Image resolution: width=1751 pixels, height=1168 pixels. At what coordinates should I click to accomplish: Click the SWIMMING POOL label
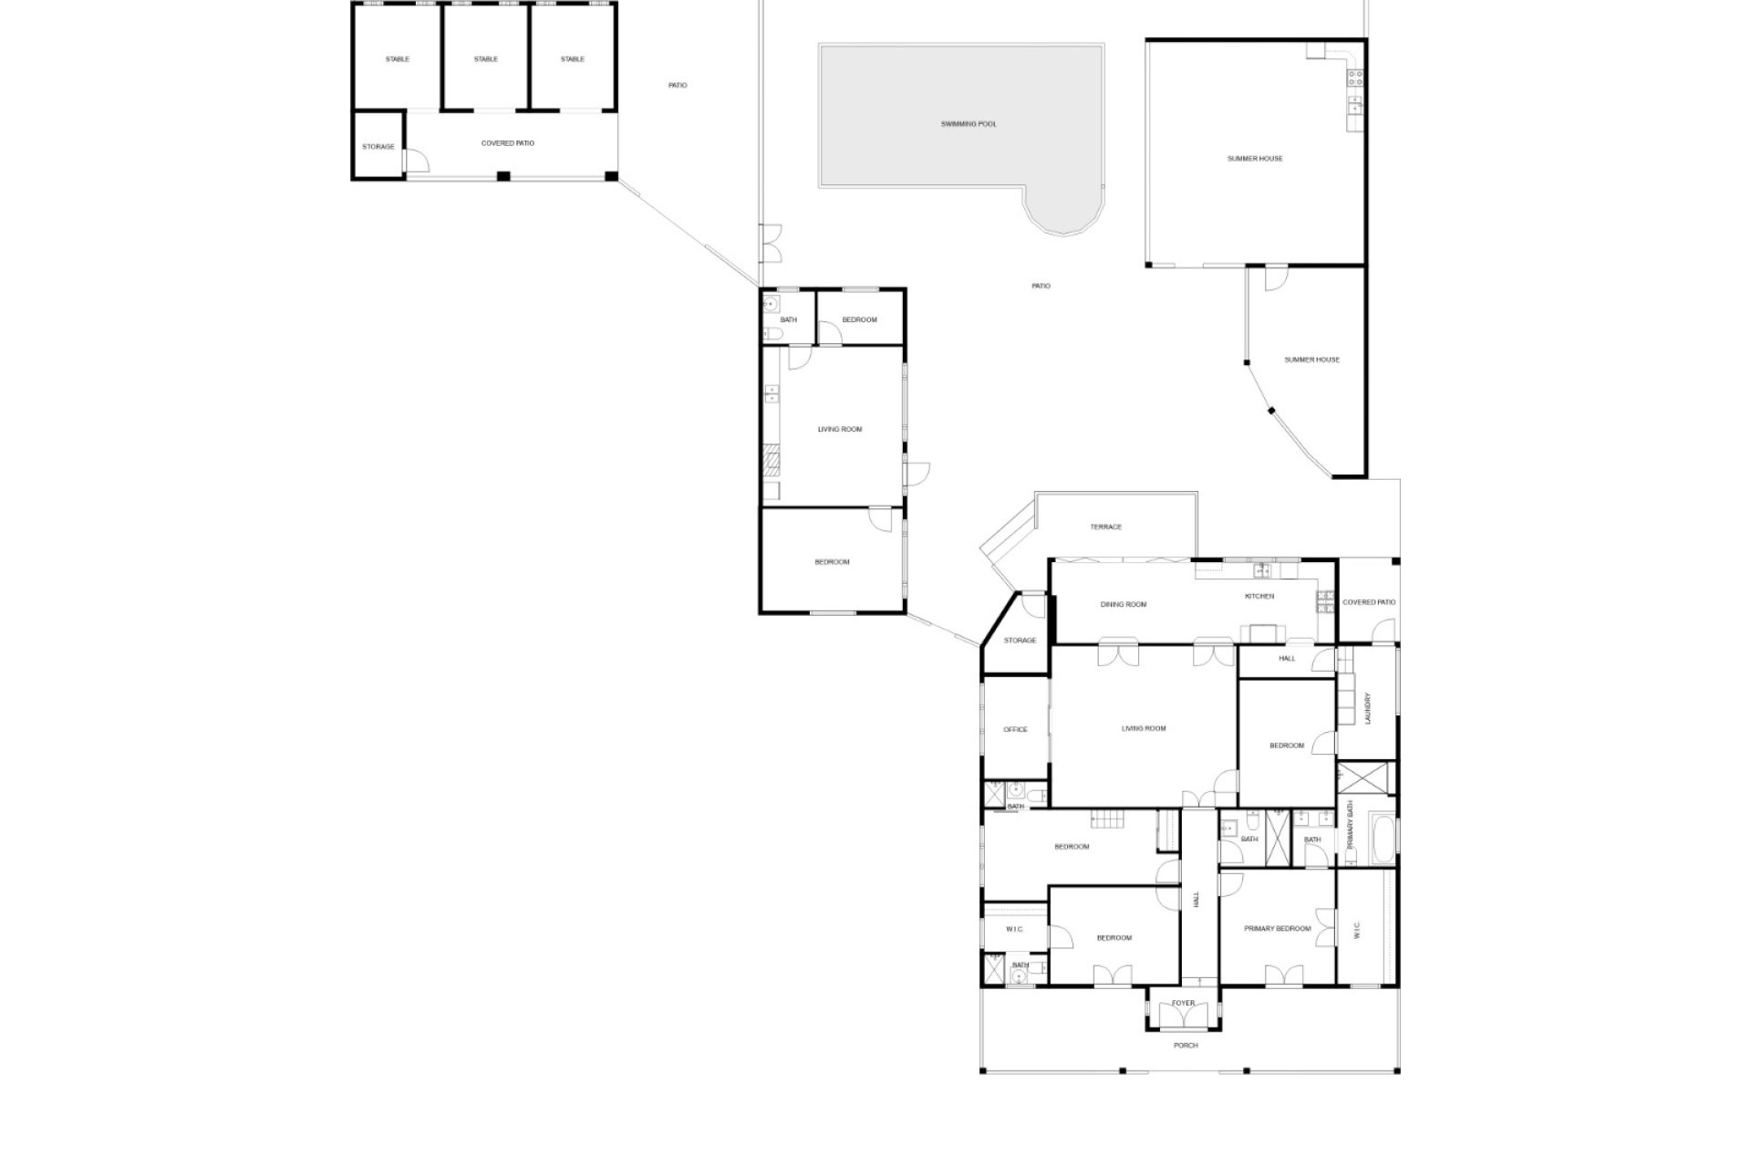pos(969,124)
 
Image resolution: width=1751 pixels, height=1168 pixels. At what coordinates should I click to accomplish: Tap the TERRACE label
pos(1105,527)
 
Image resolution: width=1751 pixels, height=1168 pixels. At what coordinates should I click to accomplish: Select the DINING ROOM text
pos(1123,605)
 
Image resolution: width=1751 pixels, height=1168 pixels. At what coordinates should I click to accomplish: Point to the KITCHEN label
pos(1259,597)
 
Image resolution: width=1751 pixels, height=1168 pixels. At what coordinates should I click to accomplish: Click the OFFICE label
pos(1015,730)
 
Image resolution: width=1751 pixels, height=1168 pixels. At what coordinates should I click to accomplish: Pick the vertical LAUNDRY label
pos(1367,708)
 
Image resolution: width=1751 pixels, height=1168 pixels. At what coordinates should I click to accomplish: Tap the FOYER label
pos(1183,1004)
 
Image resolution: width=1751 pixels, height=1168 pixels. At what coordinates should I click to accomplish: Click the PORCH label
pos(1186,1046)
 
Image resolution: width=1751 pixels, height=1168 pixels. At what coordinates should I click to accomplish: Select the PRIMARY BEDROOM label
pos(1278,929)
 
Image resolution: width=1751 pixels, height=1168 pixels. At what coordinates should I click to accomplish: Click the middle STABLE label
pos(486,59)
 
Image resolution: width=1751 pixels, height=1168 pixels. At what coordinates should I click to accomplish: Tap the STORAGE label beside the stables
pos(378,147)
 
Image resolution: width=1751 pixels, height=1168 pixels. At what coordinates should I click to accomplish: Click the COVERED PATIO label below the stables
pos(508,144)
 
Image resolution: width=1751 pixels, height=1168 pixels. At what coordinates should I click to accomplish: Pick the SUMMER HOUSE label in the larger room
pos(1255,159)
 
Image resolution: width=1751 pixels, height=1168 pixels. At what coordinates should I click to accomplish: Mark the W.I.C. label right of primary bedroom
pos(1356,930)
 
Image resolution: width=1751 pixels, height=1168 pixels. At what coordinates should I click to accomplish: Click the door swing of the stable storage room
pos(418,161)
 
